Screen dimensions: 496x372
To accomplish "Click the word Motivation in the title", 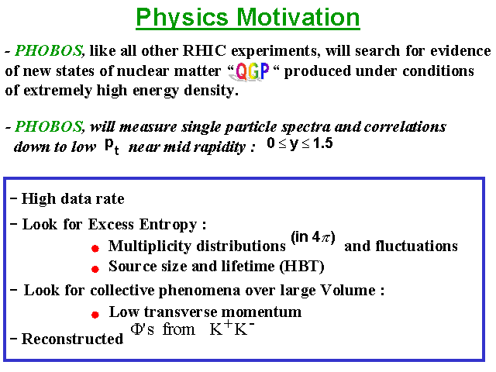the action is point(298,17).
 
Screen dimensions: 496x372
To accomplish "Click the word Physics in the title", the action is point(182,19).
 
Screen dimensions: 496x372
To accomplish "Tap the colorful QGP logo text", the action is point(253,71).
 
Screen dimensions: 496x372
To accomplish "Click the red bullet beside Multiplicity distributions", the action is point(95,249).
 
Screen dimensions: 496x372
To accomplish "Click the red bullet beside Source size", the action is point(95,269).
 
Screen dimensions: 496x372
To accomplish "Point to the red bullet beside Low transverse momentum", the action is point(95,315).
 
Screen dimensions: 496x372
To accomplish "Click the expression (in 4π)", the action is point(313,237).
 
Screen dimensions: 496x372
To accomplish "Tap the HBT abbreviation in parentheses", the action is point(301,267).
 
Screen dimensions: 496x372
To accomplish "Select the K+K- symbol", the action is point(232,329).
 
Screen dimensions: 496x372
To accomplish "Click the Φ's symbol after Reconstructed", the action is point(143,329).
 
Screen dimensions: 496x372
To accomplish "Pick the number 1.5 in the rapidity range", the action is point(322,143).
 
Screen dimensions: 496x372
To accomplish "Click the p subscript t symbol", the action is point(112,146).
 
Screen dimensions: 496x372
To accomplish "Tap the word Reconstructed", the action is point(72,339).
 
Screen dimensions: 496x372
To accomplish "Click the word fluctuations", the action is point(401,246).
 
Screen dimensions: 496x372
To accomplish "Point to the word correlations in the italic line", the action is point(405,127).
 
